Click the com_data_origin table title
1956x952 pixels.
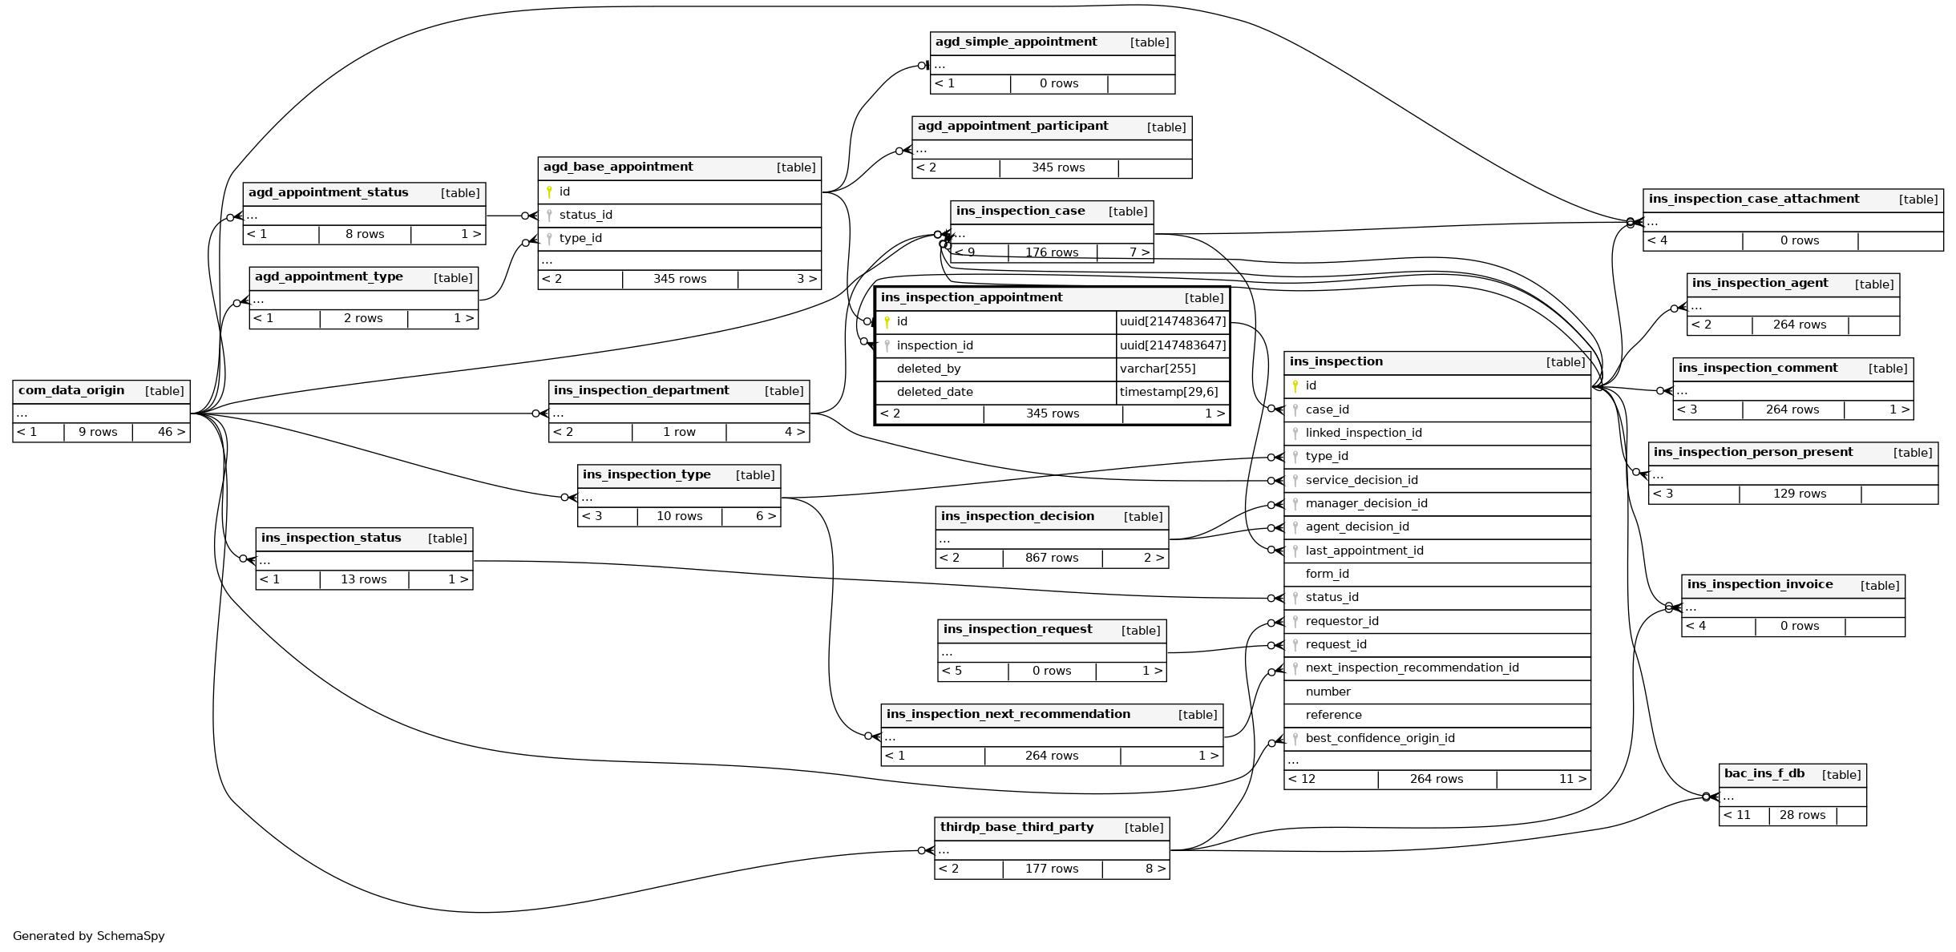click(x=71, y=390)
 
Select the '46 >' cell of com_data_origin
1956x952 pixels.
click(x=172, y=432)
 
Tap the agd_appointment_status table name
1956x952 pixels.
click(x=328, y=192)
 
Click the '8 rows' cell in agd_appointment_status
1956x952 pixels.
click(x=365, y=234)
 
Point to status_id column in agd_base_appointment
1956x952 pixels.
click(x=585, y=215)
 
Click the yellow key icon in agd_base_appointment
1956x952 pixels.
click(x=549, y=192)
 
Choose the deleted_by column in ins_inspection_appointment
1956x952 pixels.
click(x=928, y=369)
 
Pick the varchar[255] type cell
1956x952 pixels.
click(x=1158, y=369)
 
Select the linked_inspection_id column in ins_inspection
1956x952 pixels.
click(x=1364, y=433)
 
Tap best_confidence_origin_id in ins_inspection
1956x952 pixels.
click(x=1380, y=738)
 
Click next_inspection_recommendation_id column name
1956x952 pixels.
click(x=1412, y=668)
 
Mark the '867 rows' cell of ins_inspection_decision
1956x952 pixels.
click(x=1052, y=558)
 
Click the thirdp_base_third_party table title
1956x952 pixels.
click(x=1016, y=827)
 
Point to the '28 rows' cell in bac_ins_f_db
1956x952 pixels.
click(x=1802, y=815)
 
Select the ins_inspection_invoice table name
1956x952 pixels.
click(x=1760, y=584)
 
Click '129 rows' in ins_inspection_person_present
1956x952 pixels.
click(x=1800, y=494)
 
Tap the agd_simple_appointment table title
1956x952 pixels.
click(x=1016, y=42)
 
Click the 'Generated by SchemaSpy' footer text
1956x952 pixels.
click(x=88, y=936)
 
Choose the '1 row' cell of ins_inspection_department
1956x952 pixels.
click(x=679, y=432)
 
